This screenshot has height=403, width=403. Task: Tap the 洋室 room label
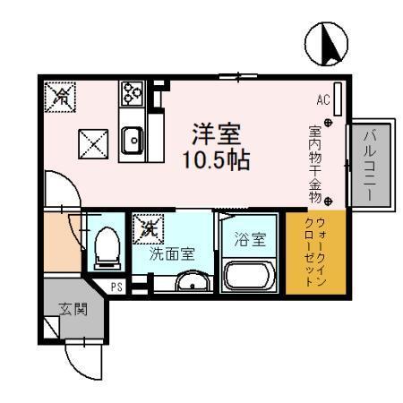(216, 134)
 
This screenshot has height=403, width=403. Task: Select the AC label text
(323, 99)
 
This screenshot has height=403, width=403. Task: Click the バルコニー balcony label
(369, 166)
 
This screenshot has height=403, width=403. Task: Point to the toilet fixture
(104, 247)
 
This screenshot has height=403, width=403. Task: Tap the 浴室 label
(250, 239)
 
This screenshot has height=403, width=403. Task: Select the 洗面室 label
(172, 254)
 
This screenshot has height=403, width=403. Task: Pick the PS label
(117, 287)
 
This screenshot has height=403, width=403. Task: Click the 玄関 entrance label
(73, 311)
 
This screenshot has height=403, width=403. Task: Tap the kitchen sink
(132, 140)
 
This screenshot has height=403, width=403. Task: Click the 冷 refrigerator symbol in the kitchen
(62, 95)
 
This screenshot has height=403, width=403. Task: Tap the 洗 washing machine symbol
(145, 228)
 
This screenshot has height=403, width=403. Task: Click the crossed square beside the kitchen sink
(92, 141)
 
